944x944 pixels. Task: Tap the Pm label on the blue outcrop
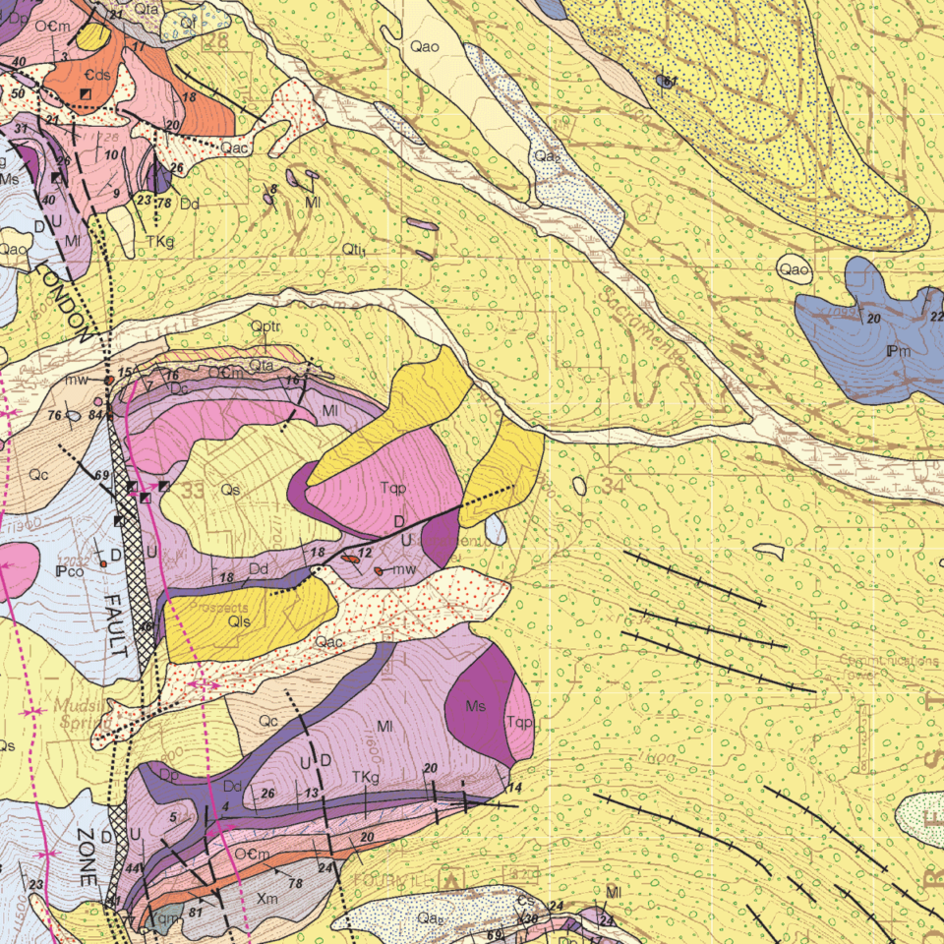[x=899, y=351]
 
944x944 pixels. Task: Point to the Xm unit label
[x=266, y=899]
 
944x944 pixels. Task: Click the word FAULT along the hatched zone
[x=116, y=625]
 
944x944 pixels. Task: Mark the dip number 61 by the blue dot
[x=672, y=81]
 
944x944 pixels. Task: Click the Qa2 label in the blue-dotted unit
[x=547, y=156]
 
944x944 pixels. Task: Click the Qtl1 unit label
[x=355, y=252]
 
